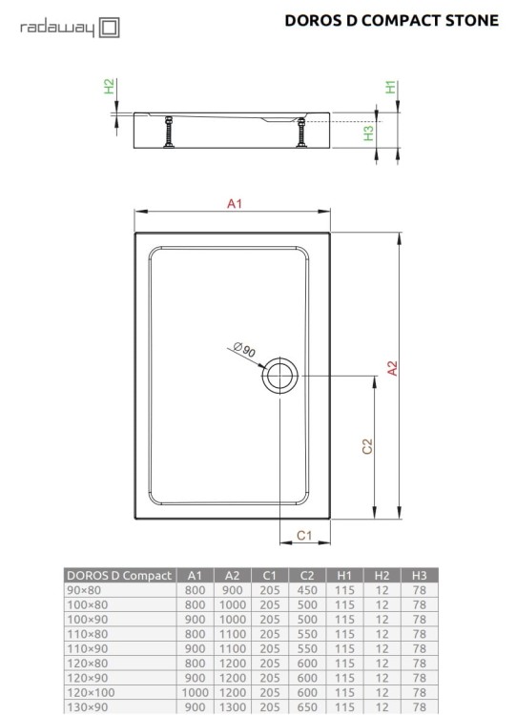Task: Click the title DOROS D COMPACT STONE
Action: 391,20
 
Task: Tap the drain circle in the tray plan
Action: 280,375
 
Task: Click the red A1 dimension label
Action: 235,203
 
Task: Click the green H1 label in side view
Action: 390,87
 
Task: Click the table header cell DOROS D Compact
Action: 119,575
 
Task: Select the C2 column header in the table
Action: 306,575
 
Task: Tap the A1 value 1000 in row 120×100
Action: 195,693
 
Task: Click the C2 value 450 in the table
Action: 306,590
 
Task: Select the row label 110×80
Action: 85,634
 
